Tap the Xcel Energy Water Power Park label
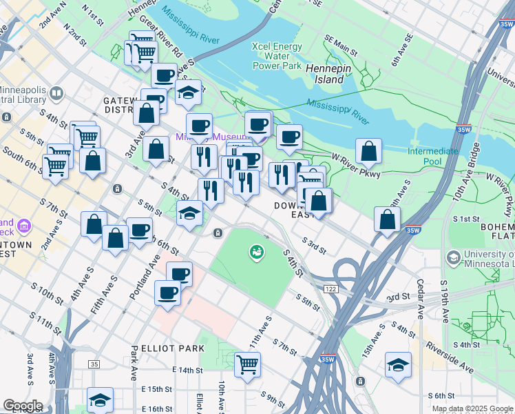coord(277,56)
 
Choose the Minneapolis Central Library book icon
coord(56,92)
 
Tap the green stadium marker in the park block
coord(257,253)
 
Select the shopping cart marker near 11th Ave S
coord(247,364)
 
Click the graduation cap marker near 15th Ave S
coord(398,364)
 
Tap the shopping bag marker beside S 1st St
coord(388,219)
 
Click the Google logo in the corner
coord(22,406)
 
